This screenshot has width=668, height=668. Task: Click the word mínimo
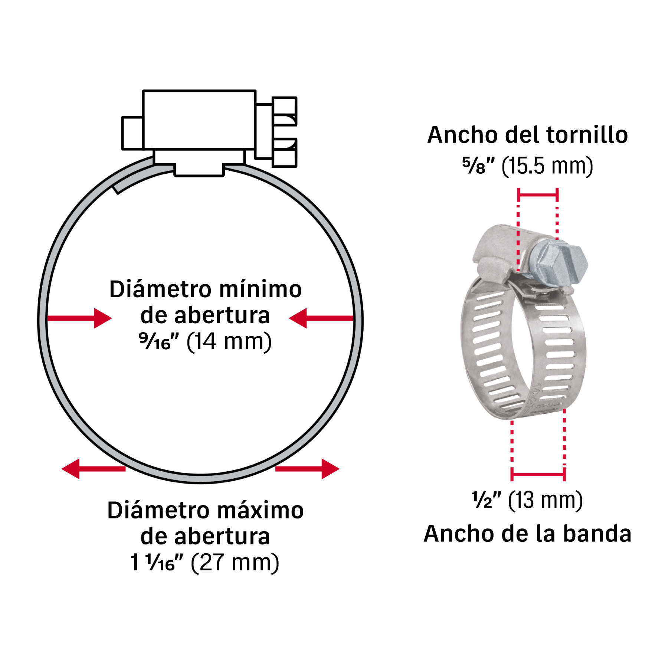[x=260, y=289]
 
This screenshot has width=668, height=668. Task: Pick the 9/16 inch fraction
[x=159, y=341]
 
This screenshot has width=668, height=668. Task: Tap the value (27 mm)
[x=235, y=563]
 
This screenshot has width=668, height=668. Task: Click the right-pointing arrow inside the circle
[x=80, y=318]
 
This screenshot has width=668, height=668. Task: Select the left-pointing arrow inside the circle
[x=321, y=318]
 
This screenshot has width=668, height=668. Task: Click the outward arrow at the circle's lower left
[x=94, y=469]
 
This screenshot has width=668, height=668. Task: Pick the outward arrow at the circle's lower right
[x=307, y=469]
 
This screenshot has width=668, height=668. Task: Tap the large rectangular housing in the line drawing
[x=199, y=119]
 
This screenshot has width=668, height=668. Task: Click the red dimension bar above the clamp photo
[x=538, y=194]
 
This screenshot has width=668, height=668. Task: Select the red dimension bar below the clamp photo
[x=538, y=474]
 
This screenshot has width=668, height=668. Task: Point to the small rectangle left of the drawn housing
[x=132, y=133]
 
